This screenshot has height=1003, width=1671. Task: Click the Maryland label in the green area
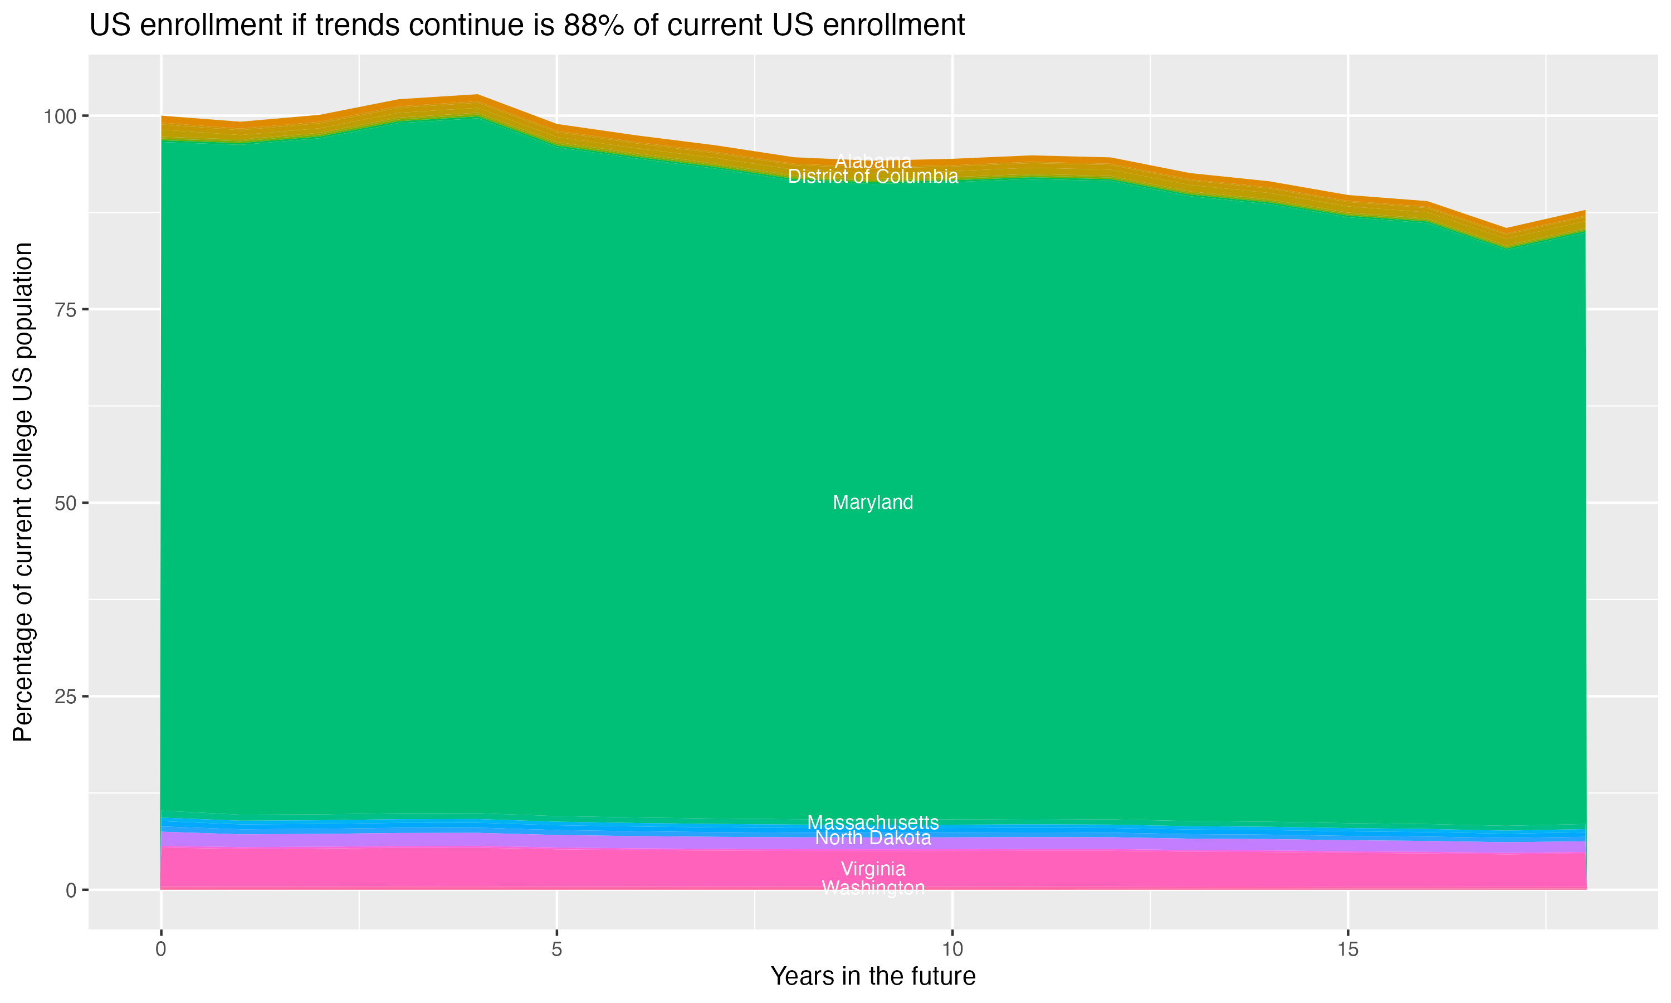873,502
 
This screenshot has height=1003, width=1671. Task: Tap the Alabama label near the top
873,162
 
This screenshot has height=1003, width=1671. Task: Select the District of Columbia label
873,177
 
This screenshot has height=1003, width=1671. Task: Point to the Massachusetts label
873,822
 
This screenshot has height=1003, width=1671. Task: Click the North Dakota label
873,838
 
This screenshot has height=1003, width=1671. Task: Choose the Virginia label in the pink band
873,869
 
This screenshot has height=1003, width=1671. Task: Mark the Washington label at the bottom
873,888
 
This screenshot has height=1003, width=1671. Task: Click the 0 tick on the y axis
70,890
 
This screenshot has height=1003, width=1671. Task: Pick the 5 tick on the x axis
556,950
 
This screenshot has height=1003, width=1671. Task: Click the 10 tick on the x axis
952,950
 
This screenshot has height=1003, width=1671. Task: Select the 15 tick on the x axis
1347,950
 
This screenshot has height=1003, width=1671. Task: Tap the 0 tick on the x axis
161,950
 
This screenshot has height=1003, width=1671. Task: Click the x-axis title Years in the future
873,976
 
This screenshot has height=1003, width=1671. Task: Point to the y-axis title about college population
23,491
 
